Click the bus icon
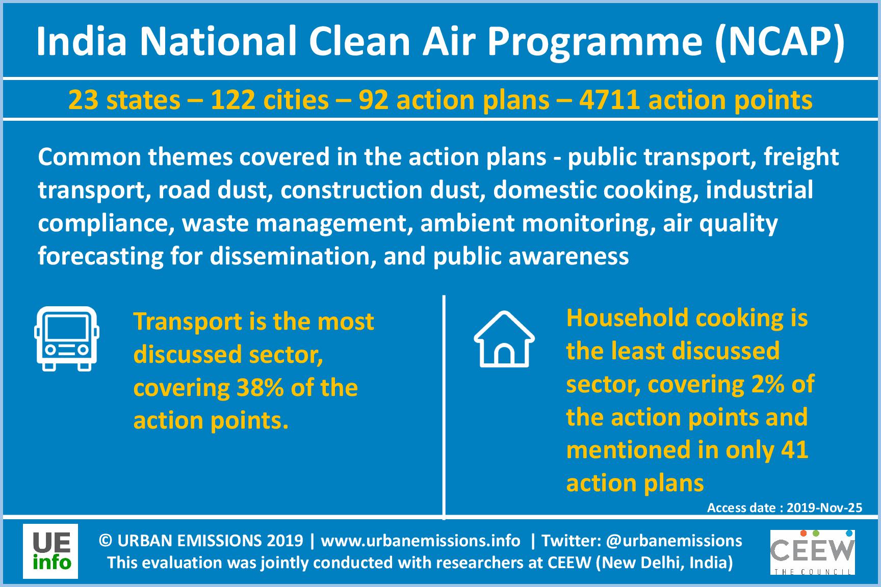[x=66, y=339]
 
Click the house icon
[x=504, y=339]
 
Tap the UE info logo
[x=50, y=551]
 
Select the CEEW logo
[x=813, y=552]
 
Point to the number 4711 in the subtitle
[x=609, y=100]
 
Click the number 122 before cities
[x=233, y=100]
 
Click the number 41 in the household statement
[x=794, y=450]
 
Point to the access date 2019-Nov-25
[x=824, y=508]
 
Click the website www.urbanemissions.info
[x=421, y=541]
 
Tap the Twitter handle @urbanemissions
[x=675, y=541]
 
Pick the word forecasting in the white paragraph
[x=100, y=256]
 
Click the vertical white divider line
[x=445, y=407]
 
